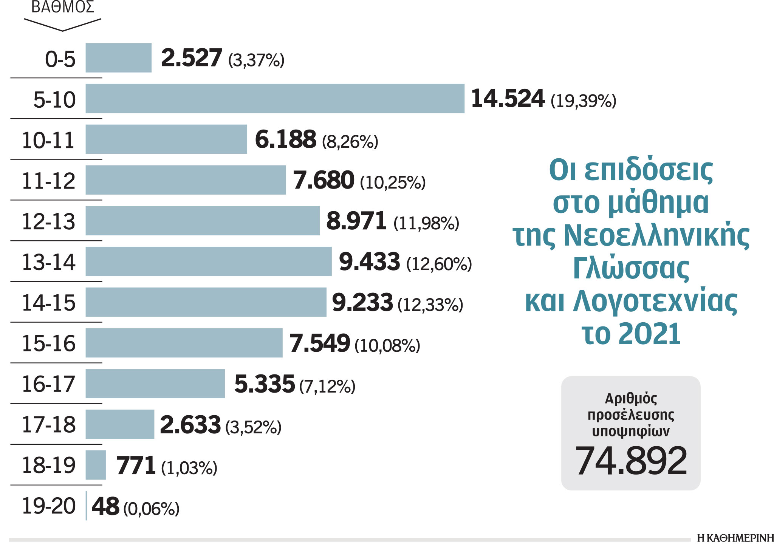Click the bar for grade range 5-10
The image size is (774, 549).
(275, 99)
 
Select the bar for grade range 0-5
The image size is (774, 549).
(118, 58)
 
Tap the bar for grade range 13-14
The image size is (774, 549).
(208, 261)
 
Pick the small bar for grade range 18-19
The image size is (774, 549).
(96, 465)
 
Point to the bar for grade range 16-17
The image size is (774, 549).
(155, 384)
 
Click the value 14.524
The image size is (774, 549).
(508, 99)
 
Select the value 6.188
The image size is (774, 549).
(285, 139)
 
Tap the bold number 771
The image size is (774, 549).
(136, 465)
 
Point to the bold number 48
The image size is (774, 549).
(105, 506)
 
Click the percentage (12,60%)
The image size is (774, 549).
(439, 264)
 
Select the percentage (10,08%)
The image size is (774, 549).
(387, 345)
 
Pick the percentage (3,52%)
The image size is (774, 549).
(253, 427)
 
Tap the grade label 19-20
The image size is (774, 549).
(49, 506)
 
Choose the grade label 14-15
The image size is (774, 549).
(49, 303)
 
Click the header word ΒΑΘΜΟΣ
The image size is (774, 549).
(63, 8)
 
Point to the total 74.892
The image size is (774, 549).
(631, 461)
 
